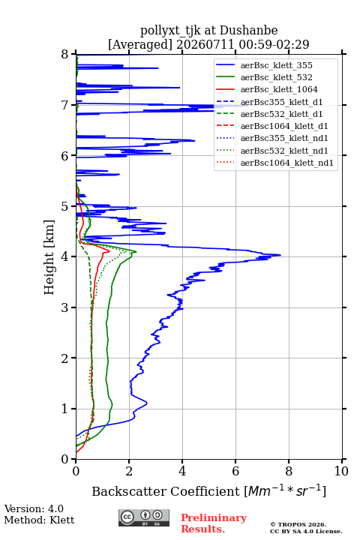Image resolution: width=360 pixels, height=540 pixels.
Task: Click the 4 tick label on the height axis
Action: click(x=65, y=257)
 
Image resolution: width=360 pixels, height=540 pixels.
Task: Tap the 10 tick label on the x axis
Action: click(x=341, y=471)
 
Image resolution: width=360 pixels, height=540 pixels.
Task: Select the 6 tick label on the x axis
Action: click(x=235, y=471)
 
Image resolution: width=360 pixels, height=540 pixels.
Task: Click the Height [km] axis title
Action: click(x=49, y=257)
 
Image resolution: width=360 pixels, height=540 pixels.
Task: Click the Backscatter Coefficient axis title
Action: click(x=208, y=490)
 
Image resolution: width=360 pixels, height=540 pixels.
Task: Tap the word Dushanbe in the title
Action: click(x=248, y=31)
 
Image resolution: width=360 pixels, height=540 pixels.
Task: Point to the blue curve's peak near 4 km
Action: click(x=280, y=255)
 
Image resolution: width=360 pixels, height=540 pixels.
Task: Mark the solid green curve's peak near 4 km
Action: click(x=136, y=252)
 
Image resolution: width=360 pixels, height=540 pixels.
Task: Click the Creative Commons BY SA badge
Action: click(x=144, y=517)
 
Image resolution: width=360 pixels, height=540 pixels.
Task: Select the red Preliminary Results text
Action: click(x=214, y=523)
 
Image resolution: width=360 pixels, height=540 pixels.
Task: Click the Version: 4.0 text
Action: click(x=34, y=508)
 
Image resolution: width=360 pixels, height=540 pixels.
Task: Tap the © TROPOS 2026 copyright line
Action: click(x=298, y=524)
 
